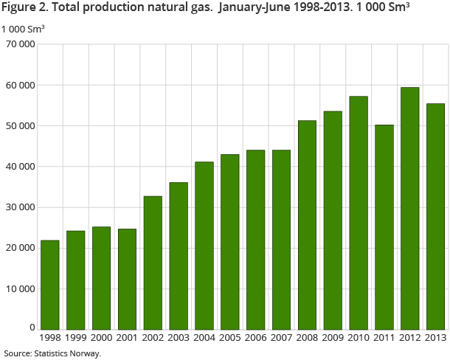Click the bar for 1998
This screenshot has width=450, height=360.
[x=50, y=285]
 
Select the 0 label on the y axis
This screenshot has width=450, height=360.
[x=32, y=327]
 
